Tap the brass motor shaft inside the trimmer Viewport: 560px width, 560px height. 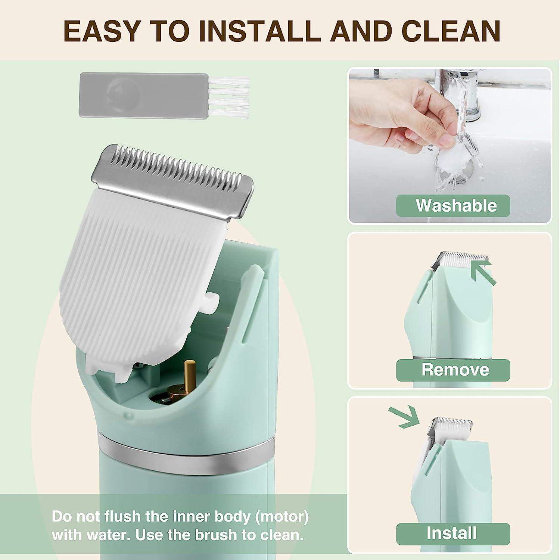(190, 373)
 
